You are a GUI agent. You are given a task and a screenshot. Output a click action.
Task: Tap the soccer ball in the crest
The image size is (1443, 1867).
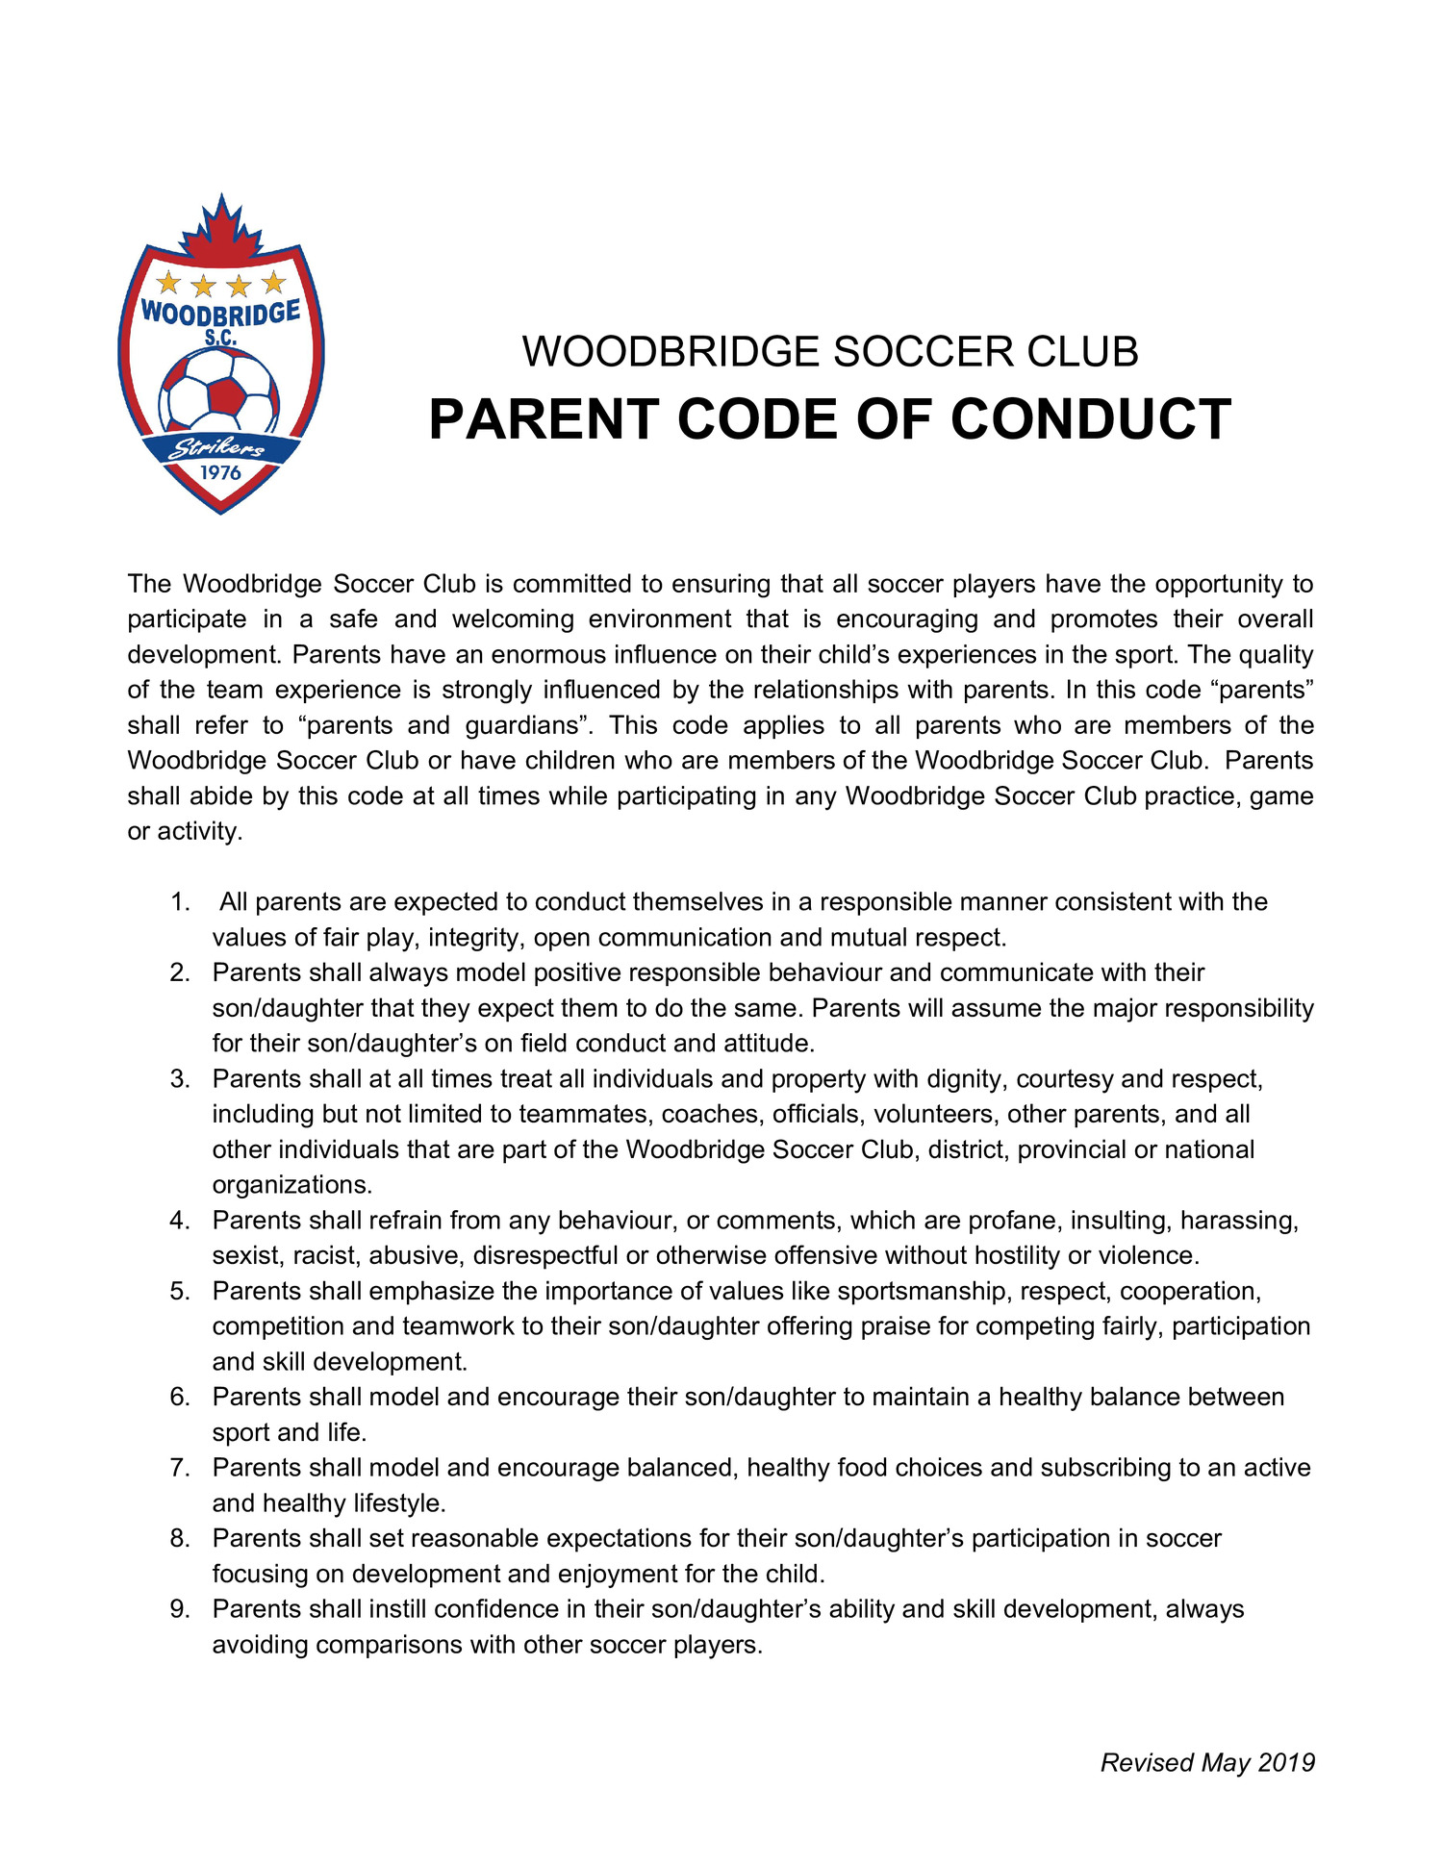220,390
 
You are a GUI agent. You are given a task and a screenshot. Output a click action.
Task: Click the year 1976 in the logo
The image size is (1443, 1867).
220,472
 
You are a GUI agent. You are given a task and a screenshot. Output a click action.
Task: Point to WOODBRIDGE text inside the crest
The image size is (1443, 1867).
220,313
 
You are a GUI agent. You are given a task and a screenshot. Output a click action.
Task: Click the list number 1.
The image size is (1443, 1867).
180,902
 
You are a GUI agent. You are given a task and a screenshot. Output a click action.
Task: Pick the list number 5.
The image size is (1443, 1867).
180,1291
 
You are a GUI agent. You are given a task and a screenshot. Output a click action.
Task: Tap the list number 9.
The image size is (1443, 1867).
180,1609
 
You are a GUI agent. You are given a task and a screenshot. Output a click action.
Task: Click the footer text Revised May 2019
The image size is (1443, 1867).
1207,1762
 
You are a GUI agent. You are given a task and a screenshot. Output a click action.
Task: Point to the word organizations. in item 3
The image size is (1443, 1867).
291,1185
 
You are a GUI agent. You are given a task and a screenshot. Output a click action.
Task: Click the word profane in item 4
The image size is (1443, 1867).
1012,1221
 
